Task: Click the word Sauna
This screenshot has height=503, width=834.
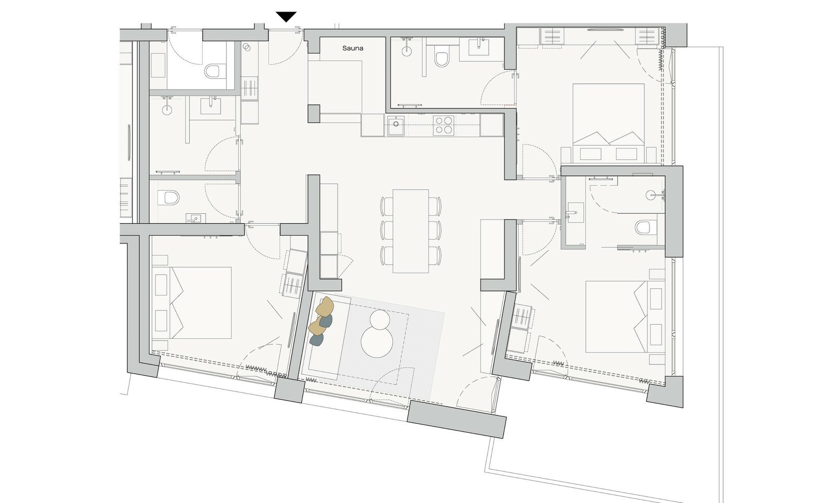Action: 352,48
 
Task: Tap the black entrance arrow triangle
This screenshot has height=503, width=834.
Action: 286,17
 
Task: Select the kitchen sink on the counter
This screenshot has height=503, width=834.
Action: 396,126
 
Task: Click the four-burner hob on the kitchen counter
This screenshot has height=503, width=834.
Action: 444,125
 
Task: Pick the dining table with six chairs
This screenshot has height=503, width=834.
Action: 411,231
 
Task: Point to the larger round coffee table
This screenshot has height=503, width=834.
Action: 377,342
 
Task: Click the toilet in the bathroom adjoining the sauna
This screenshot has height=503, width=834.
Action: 441,58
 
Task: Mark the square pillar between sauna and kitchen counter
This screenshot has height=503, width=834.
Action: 314,114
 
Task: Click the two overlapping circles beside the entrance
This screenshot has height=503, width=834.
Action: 247,46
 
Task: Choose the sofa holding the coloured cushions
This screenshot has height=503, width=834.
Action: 325,337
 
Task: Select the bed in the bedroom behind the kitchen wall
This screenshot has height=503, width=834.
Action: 608,123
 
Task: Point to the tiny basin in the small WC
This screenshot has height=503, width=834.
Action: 193,218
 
